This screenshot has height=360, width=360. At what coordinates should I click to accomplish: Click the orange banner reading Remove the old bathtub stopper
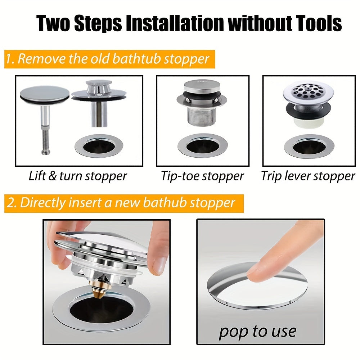[x=109, y=59]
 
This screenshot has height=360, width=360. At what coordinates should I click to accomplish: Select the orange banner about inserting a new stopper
[x=124, y=203]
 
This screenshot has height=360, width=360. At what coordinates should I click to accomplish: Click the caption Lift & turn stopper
[x=78, y=176]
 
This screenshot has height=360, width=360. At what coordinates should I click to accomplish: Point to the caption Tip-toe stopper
[x=202, y=176]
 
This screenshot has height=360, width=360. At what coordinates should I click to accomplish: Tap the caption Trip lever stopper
[x=308, y=176]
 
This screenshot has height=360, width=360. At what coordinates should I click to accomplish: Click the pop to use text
[x=258, y=331]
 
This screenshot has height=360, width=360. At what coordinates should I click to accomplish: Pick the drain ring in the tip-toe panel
[x=202, y=146]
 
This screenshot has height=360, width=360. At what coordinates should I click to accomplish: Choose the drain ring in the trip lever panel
[x=309, y=147]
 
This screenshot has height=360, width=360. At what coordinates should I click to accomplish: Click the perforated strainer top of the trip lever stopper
[x=308, y=91]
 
